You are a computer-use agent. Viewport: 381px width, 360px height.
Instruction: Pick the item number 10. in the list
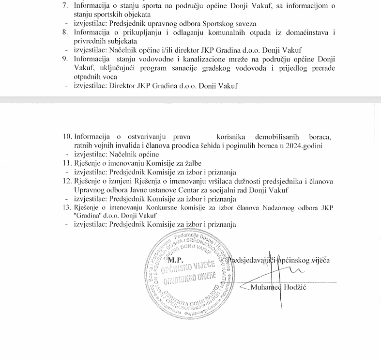click(68, 137)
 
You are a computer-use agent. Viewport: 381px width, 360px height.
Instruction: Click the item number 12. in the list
click(68, 181)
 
